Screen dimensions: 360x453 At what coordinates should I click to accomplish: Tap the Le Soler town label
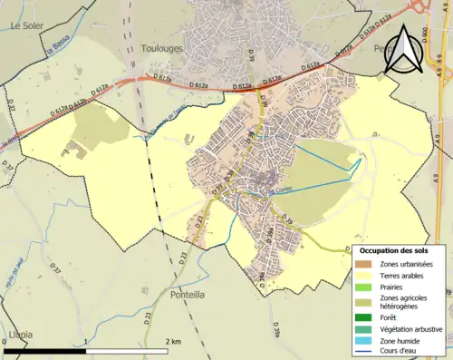[x=28, y=26]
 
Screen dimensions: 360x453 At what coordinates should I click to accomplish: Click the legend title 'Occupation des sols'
[x=400, y=250]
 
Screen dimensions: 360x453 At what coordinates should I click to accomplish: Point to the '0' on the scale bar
[x=7, y=342]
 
